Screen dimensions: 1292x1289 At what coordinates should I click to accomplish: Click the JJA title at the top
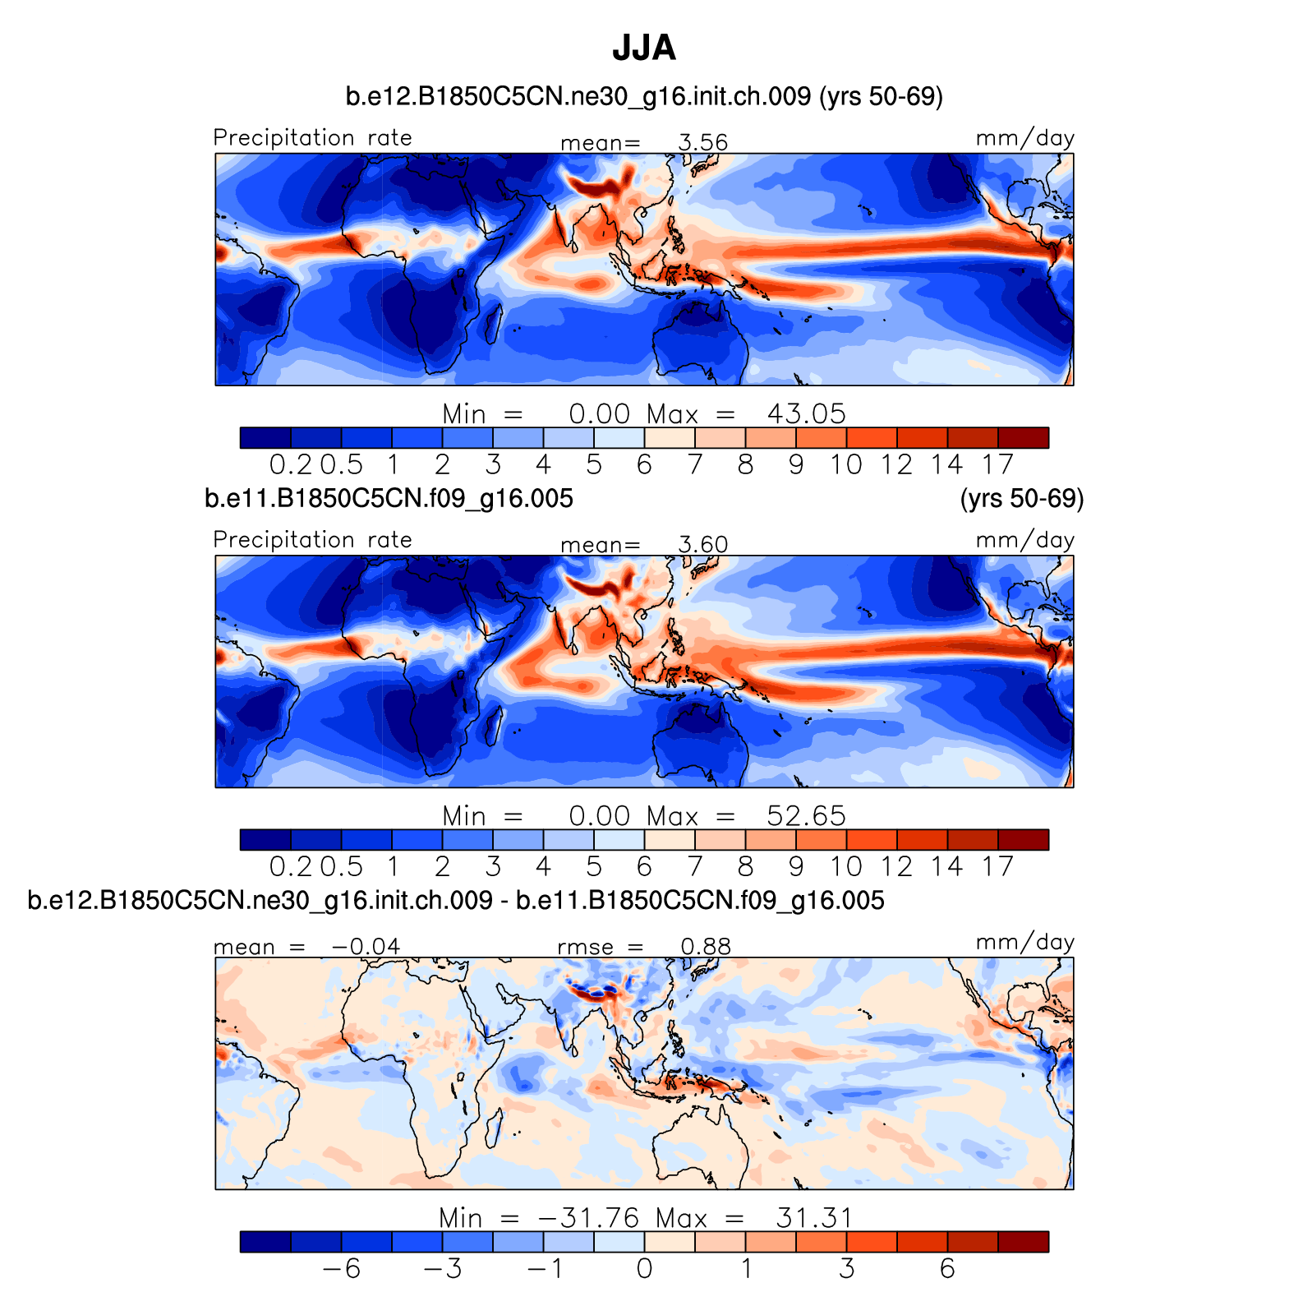644,48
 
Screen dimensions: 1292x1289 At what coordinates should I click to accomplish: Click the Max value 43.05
806,413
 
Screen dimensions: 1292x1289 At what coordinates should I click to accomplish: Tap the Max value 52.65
806,815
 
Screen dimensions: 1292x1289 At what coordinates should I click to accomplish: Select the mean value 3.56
703,143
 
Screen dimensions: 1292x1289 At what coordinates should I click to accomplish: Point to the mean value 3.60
703,545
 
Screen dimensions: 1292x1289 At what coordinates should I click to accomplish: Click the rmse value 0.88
706,947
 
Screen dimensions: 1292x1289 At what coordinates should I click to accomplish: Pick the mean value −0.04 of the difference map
366,947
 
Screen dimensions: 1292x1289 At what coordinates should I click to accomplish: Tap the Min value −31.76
588,1217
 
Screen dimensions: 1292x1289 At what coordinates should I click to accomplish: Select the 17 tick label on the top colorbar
997,465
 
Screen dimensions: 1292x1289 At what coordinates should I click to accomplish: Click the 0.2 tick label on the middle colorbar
291,867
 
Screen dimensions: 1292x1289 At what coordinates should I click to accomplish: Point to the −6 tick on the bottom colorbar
342,1269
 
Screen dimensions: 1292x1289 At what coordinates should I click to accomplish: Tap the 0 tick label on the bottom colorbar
644,1269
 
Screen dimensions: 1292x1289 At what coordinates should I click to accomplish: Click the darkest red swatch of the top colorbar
1023,438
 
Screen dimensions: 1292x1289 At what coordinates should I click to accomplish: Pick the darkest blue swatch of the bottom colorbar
265,1242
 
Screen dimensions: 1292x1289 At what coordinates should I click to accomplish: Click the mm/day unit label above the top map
1024,138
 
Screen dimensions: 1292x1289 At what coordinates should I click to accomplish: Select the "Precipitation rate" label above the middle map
312,540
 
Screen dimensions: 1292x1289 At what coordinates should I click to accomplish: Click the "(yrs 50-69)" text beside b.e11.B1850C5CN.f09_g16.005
1021,499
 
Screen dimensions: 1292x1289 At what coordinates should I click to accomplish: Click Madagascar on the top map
494,323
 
